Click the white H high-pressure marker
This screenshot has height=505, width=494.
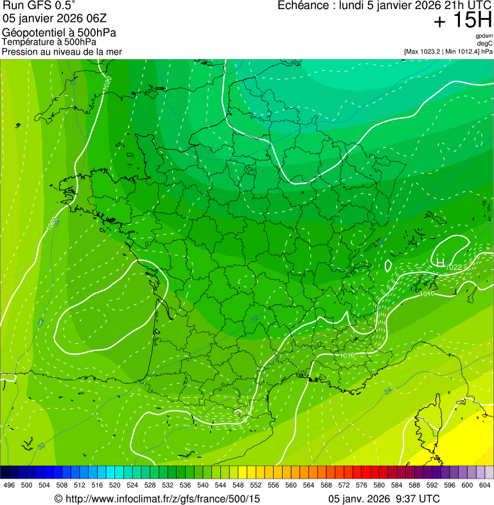[x=440, y=261]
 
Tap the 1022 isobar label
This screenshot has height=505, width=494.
[x=454, y=267]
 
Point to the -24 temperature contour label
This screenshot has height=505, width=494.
[x=387, y=391]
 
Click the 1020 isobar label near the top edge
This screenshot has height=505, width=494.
[x=107, y=82]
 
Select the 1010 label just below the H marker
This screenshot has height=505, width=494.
[x=428, y=294]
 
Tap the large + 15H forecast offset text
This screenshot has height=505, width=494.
[x=462, y=21]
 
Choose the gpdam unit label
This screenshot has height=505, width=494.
[x=484, y=36]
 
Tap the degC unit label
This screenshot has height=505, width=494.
[x=485, y=44]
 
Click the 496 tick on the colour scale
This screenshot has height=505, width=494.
[x=9, y=485]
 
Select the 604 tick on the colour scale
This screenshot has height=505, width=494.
[x=485, y=485]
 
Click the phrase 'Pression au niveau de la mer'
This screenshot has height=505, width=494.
[x=62, y=51]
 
